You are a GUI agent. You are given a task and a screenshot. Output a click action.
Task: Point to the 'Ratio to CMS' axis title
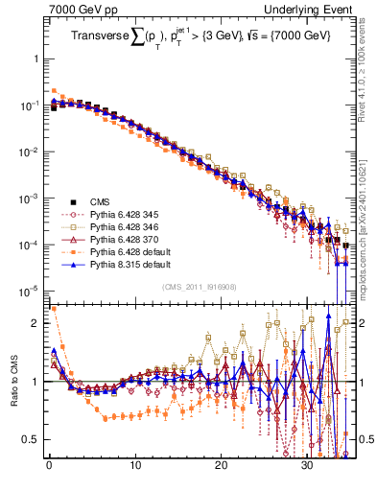14,396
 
